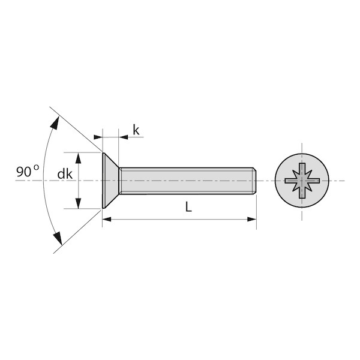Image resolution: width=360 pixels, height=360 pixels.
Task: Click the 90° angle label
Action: tap(28, 170)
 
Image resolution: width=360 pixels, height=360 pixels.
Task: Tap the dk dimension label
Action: tap(65, 174)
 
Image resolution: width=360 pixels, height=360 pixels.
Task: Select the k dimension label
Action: tap(136, 130)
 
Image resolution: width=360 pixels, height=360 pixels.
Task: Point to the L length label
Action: tap(188, 207)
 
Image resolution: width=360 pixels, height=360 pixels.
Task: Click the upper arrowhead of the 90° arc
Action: tap(55, 122)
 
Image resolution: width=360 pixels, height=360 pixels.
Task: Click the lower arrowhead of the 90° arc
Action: tap(58, 238)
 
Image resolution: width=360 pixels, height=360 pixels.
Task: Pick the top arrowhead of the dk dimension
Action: tap(78, 158)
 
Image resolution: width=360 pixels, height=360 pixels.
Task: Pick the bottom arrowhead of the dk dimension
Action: tap(78, 203)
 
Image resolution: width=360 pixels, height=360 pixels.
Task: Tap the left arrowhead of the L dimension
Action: tap(107, 219)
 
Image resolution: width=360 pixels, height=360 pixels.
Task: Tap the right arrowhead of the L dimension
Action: tap(251, 219)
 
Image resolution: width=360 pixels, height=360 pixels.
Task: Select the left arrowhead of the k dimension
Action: tap(98, 137)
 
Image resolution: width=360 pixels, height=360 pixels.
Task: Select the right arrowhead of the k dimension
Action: tap(123, 137)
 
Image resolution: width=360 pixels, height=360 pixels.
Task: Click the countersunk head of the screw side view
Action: tap(110, 181)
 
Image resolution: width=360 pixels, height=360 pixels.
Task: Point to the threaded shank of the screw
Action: tap(186, 181)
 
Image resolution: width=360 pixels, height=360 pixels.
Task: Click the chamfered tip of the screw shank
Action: tap(254, 181)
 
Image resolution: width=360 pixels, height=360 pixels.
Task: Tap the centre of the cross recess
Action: tap(302, 181)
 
